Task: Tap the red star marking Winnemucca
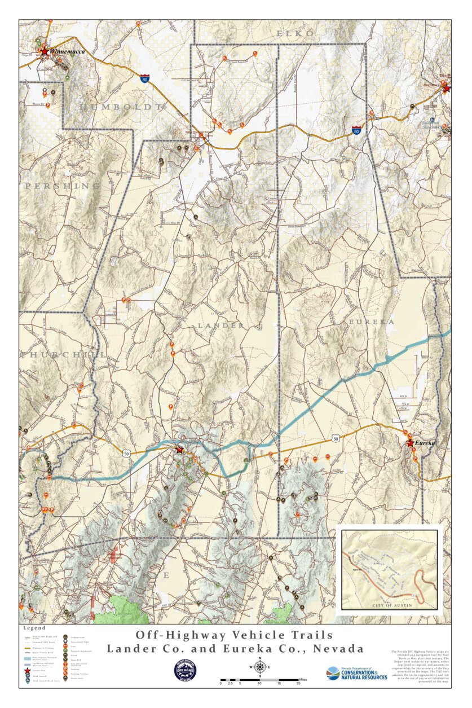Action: click(x=44, y=51)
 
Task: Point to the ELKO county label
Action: click(x=295, y=34)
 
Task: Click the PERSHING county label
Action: click(x=62, y=186)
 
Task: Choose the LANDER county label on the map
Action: click(x=221, y=326)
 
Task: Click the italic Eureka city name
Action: click(x=425, y=443)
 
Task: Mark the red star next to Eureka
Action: click(x=410, y=443)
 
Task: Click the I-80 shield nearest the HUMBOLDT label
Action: click(x=145, y=78)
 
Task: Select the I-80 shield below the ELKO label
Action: click(x=356, y=130)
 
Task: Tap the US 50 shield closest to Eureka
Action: click(x=336, y=438)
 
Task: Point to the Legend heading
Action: click(x=34, y=628)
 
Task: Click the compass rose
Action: click(x=260, y=667)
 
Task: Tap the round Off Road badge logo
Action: click(x=186, y=670)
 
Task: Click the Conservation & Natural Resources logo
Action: click(x=357, y=673)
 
